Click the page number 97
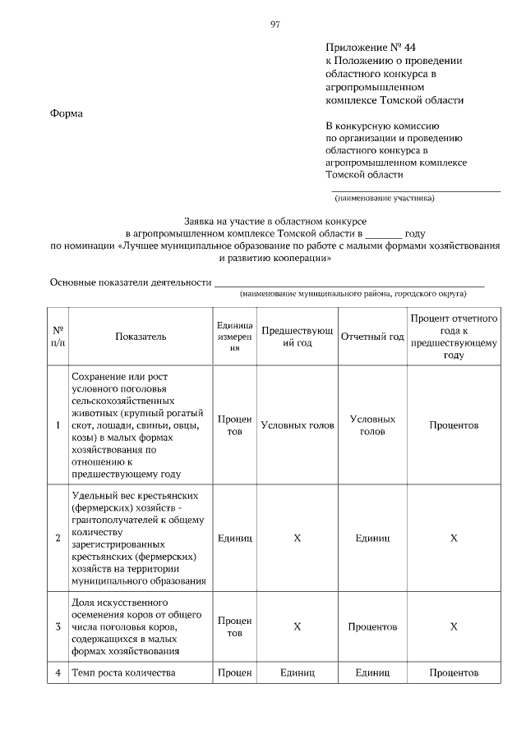point(275,25)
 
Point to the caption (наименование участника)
point(384,199)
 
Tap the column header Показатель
point(141,337)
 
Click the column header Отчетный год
point(372,337)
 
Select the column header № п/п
point(58,337)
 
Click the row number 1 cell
point(58,426)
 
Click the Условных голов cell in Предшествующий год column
point(298,426)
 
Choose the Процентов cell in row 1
point(454,426)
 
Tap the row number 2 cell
point(58,539)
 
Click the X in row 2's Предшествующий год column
point(298,539)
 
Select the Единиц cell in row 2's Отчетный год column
point(372,539)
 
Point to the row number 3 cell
point(58,627)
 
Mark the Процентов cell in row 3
point(372,627)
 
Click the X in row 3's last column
point(454,627)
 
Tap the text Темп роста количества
point(124,673)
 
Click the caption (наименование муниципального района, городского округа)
point(353,293)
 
